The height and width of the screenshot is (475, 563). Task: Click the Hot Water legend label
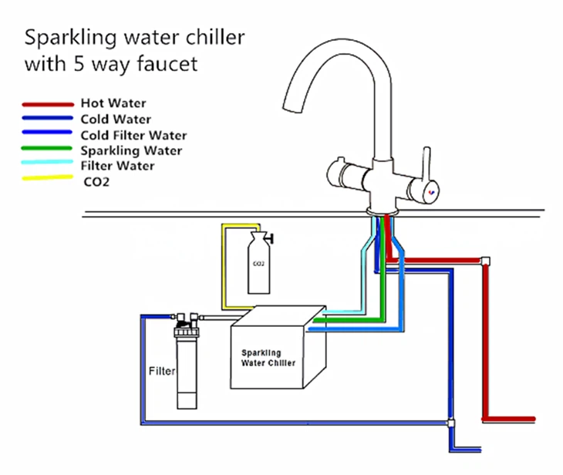click(x=113, y=103)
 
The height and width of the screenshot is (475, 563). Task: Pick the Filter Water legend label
click(x=117, y=165)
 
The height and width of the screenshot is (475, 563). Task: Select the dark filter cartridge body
click(x=187, y=370)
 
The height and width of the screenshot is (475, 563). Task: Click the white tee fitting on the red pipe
click(x=485, y=261)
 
